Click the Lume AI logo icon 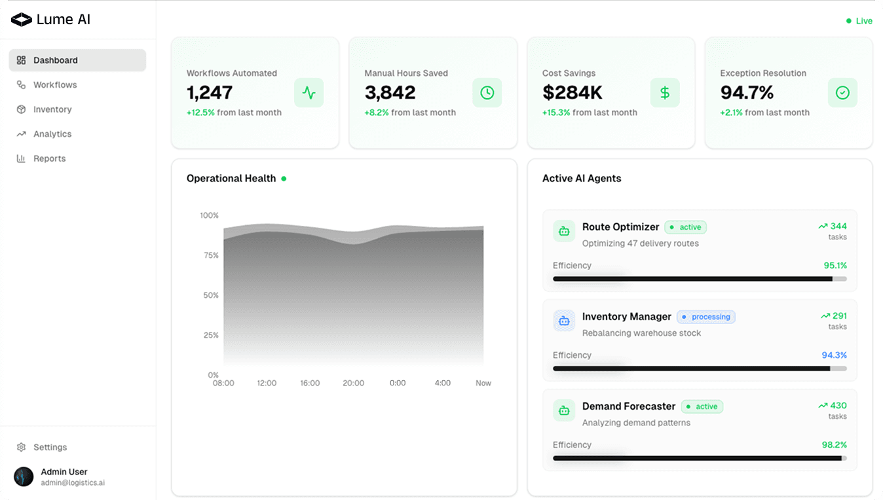point(22,20)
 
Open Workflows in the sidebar point(55,85)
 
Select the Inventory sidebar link point(52,109)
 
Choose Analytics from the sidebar point(52,134)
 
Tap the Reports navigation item point(49,158)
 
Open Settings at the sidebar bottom point(50,447)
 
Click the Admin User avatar point(24,476)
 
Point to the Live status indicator point(859,21)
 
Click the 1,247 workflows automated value point(210,93)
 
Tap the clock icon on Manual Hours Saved point(487,93)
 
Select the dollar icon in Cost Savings point(665,93)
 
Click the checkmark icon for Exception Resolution point(842,93)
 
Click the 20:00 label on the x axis point(353,383)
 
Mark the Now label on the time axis point(483,383)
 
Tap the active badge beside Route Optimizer point(686,227)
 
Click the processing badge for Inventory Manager point(706,317)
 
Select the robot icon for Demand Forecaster point(564,410)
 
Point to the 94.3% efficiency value point(834,355)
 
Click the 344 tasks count point(838,226)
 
